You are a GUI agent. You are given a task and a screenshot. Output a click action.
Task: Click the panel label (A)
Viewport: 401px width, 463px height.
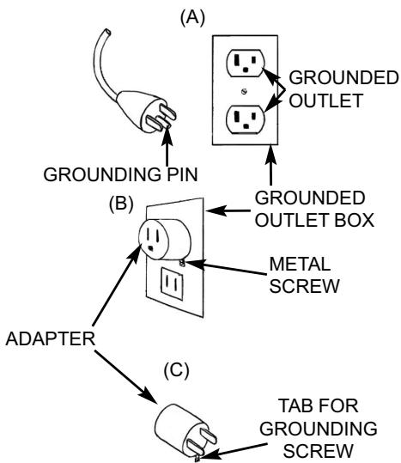pos(192,18)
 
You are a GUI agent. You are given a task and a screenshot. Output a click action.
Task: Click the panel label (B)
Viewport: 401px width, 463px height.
pos(121,203)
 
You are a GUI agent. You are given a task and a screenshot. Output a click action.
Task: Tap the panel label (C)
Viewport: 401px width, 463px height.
pos(176,370)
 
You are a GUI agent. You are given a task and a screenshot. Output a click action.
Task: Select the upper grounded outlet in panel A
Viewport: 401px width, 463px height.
pos(246,64)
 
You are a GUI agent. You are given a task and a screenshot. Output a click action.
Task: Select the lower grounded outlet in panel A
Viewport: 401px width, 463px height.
pos(246,119)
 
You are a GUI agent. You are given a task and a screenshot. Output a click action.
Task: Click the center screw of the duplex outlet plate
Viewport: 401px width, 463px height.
pos(244,91)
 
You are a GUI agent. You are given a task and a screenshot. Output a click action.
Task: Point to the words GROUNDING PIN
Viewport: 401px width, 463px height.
pos(120,174)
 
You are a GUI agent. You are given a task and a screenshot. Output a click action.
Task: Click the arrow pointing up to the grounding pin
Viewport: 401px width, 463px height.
pos(167,146)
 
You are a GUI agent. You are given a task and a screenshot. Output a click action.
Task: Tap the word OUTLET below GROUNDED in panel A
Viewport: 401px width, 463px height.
pos(325,101)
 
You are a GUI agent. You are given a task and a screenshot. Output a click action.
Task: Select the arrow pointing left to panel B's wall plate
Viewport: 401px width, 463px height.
pos(228,210)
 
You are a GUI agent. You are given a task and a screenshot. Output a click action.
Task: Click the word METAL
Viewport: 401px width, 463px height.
pos(300,264)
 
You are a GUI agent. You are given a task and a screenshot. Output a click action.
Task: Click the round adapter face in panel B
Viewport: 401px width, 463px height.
pos(154,240)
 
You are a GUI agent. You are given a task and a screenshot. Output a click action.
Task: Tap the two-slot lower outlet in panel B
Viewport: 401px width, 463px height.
pos(172,283)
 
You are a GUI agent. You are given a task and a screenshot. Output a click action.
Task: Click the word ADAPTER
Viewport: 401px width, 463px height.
pos(51,338)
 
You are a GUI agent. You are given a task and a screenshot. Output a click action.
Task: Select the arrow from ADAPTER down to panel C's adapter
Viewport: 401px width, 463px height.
pos(126,376)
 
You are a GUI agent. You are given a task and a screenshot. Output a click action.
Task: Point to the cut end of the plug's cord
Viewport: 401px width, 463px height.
pos(106,32)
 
